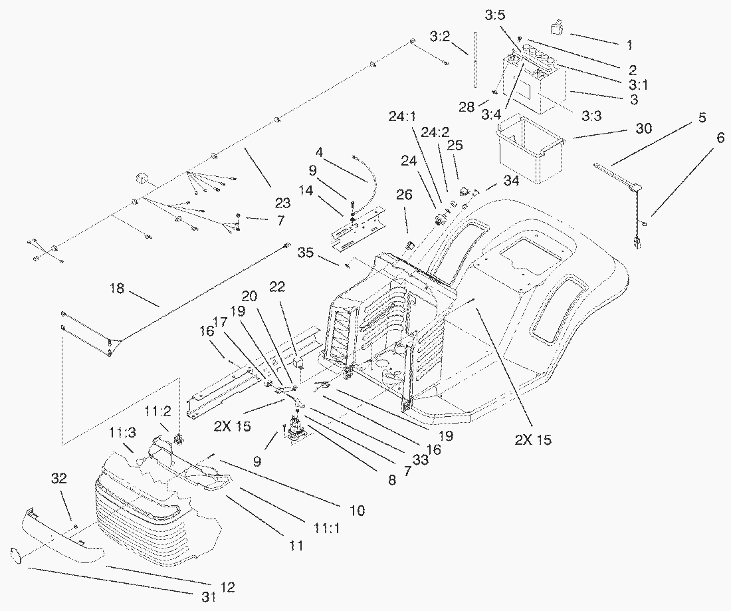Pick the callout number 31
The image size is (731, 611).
coord(209,598)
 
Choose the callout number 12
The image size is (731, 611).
coord(227,588)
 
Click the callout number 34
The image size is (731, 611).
coord(510,180)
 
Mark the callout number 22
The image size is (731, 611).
coord(277,286)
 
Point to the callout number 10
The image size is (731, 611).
coord(357,511)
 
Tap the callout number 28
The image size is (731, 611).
coord(467,107)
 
